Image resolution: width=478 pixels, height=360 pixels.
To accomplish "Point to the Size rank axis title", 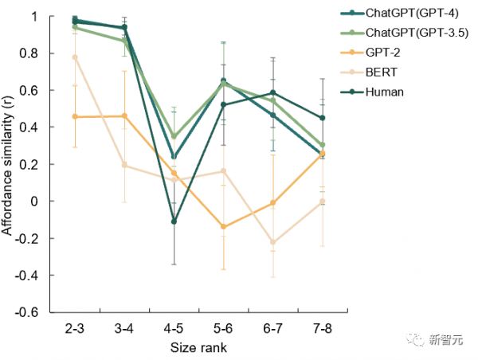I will [x=198, y=348].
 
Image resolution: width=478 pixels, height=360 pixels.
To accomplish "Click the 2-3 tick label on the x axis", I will [x=75, y=329].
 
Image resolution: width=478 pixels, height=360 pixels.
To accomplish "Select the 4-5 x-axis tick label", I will [x=174, y=329].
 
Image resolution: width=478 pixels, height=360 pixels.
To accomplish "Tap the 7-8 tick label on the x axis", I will [x=322, y=329].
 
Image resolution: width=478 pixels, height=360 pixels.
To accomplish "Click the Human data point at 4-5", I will [x=174, y=221].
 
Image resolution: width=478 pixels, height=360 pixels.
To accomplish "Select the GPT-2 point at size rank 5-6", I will [x=223, y=227].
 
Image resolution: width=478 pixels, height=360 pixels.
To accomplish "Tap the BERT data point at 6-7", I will [x=272, y=242].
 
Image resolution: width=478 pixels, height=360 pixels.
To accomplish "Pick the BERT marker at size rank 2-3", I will [x=75, y=57].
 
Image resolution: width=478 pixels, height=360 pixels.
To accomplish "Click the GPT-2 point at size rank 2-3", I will [x=75, y=117].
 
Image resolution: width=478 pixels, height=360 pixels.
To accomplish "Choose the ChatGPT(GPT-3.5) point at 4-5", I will [x=174, y=136].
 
